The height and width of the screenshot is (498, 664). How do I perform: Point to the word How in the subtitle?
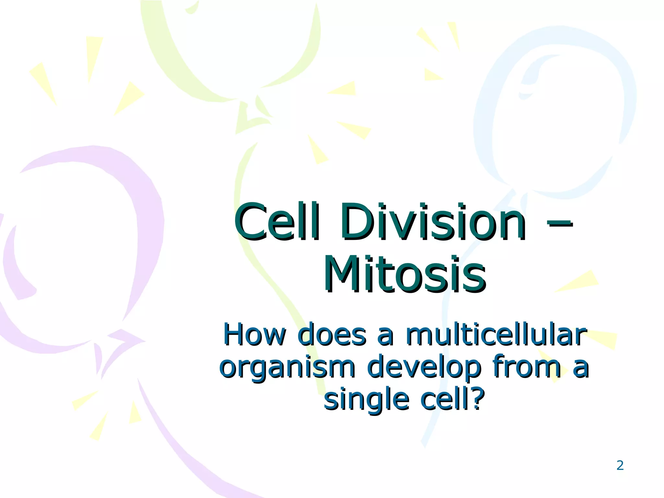tap(255, 335)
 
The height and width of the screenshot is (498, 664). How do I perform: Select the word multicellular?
tap(496, 335)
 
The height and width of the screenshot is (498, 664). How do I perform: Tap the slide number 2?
tap(620, 466)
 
